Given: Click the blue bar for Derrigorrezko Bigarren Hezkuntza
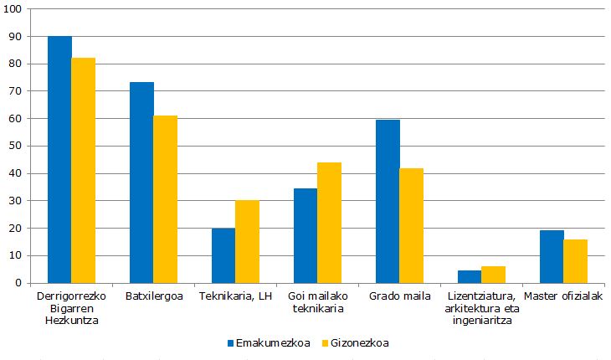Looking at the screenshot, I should point(59,159).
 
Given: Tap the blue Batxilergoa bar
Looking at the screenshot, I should point(141,182).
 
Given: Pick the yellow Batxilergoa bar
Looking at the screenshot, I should point(165,199).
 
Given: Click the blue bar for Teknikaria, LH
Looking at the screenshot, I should point(223,255).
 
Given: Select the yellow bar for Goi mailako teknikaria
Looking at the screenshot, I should point(329,223).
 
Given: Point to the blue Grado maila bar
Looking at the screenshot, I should point(388,201).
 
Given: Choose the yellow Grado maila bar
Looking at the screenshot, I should point(411,225).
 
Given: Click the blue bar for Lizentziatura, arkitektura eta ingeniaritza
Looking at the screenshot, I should point(470,276).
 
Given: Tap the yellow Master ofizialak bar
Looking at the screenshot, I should point(575,261).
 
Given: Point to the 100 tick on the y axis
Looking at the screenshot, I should point(15,9).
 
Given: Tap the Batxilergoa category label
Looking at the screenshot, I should point(153,296).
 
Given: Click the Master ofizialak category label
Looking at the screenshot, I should point(562,296).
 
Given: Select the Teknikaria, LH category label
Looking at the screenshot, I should point(235,296).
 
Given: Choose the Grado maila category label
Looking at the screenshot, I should point(399,296).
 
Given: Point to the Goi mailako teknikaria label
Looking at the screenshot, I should point(317,302).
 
